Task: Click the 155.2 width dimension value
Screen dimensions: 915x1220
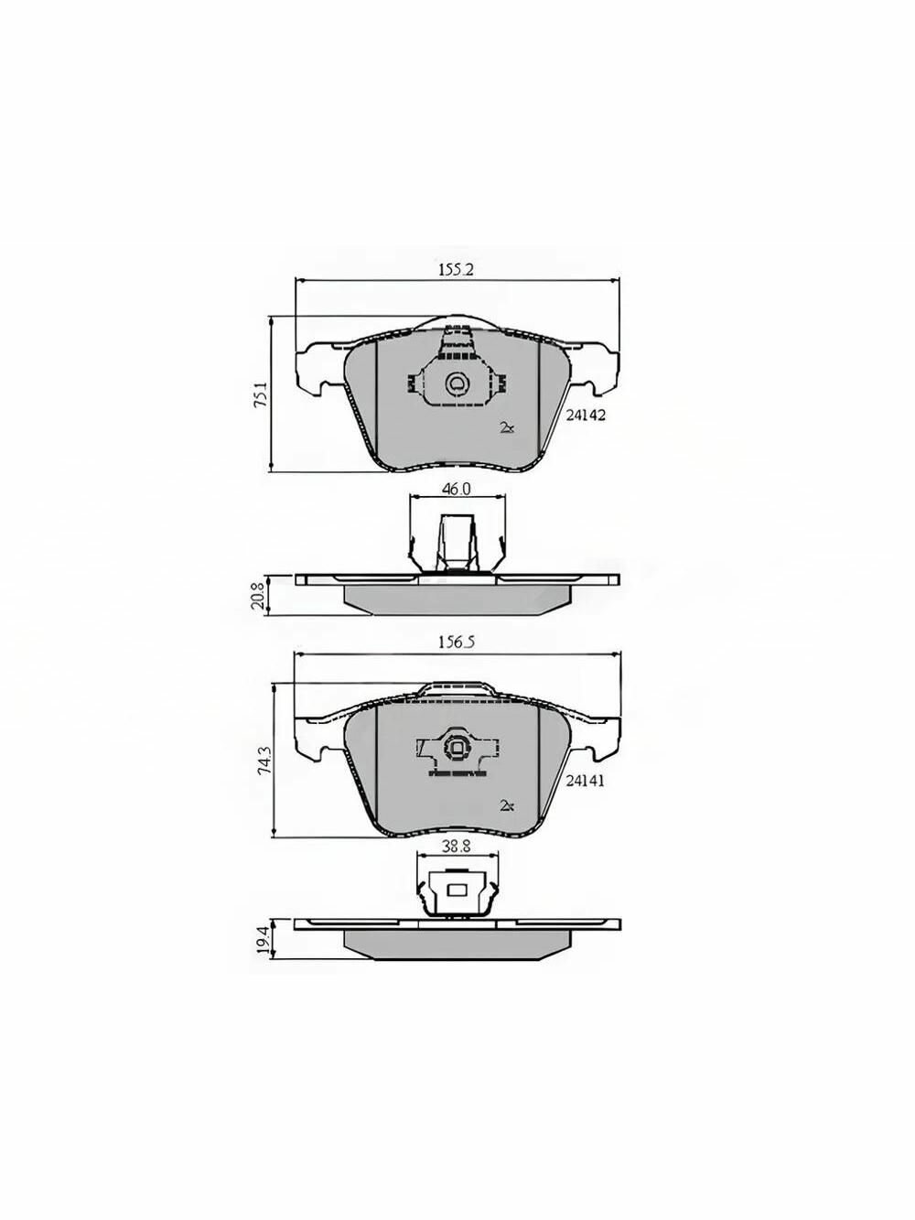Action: click(x=456, y=270)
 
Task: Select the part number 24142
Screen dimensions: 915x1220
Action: click(x=585, y=415)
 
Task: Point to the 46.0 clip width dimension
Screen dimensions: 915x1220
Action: click(x=456, y=489)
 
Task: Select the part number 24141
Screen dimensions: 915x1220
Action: click(x=585, y=781)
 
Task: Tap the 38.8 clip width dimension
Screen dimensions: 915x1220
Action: click(x=457, y=862)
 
